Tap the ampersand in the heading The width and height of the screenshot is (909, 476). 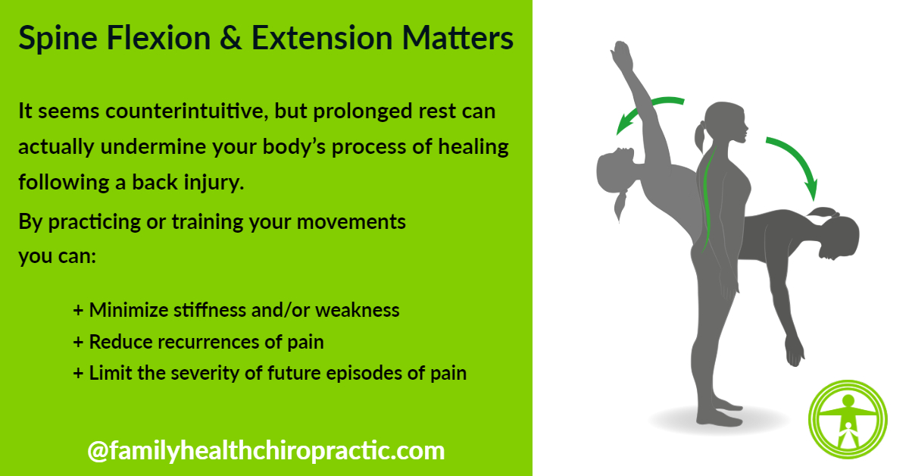pos(230,38)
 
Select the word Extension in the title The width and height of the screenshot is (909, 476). pos(322,38)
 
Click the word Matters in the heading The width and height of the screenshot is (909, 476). pos(458,38)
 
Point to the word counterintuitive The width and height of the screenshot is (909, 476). pos(186,111)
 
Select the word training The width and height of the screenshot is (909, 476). pos(207,222)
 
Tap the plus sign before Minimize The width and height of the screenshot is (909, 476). pos(78,311)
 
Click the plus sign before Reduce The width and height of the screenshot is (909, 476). pos(78,343)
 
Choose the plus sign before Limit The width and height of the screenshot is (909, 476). pos(78,373)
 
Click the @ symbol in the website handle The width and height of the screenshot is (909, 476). pos(98,452)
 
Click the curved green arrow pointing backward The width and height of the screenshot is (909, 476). pos(645,107)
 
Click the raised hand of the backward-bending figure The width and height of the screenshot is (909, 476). pos(622,57)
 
